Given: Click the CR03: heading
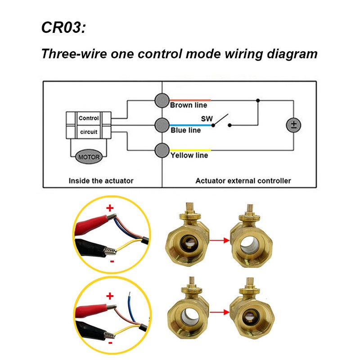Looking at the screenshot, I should coord(63,27).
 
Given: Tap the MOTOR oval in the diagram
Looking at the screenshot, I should coord(88,157).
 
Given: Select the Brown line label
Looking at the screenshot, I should coord(189,105).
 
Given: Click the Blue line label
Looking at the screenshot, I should coord(185,130).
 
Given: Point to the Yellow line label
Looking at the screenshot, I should coord(189,155).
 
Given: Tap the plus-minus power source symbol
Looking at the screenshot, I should coord(293,126).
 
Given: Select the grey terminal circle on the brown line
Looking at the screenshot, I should coord(161,101).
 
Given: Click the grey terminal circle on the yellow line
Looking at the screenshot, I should coord(161,151).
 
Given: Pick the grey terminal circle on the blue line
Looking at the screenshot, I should coord(161,126).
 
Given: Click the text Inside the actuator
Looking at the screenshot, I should coord(101,181).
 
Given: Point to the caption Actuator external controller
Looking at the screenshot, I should coord(243,181).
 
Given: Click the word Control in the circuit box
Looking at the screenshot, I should coord(88,118).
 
